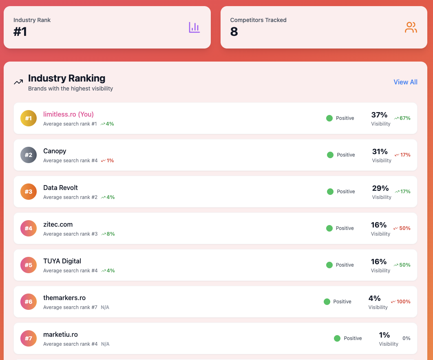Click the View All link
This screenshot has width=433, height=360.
tap(405, 82)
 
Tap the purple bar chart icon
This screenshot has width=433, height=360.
tap(194, 27)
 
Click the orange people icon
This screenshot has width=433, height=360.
tap(411, 27)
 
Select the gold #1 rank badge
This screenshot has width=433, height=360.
tap(28, 118)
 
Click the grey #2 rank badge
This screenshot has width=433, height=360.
tap(28, 155)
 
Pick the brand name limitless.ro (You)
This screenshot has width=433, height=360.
tap(68, 114)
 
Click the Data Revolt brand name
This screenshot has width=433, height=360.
tap(60, 188)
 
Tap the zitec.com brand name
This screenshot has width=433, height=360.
tap(58, 224)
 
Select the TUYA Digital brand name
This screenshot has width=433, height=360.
tap(62, 261)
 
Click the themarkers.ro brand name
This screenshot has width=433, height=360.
tap(64, 298)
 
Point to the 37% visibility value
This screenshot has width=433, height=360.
tap(379, 115)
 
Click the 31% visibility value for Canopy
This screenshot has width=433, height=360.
tap(380, 151)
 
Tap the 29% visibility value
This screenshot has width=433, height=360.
tap(380, 188)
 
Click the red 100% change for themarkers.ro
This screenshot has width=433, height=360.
tap(401, 302)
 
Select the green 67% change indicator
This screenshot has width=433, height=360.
tap(402, 118)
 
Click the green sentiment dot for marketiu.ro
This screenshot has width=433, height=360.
tap(337, 338)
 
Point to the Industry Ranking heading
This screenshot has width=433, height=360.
tap(66, 78)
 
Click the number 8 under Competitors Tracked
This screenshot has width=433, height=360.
tap(234, 31)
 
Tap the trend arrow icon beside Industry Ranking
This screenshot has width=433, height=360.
tap(18, 82)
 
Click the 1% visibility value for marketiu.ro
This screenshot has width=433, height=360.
tap(384, 335)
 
